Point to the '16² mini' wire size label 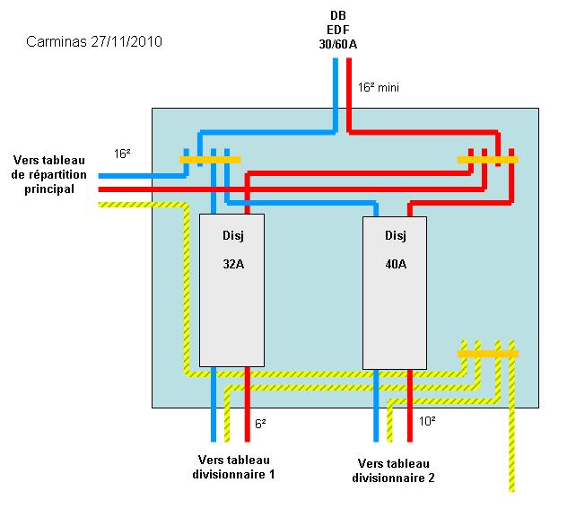pyautogui.click(x=379, y=88)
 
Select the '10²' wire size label pyautogui.click(x=427, y=420)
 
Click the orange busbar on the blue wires pyautogui.click(x=210, y=160)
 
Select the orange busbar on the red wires pyautogui.click(x=487, y=160)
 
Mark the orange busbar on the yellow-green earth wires pyautogui.click(x=488, y=354)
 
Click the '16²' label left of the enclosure pyautogui.click(x=123, y=154)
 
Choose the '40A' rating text pyautogui.click(x=395, y=265)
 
